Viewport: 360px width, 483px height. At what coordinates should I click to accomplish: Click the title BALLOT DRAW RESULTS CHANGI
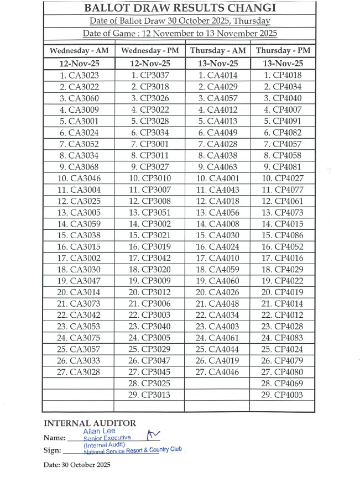(x=180, y=8)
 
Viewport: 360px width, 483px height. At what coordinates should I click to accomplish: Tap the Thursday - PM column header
(x=282, y=51)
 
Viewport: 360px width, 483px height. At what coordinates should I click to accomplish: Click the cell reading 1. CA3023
(x=79, y=75)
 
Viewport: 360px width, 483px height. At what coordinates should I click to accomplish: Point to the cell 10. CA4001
(x=217, y=178)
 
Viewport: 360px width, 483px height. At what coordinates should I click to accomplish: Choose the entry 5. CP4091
(x=283, y=121)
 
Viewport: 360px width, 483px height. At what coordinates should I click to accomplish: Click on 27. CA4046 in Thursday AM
(x=217, y=372)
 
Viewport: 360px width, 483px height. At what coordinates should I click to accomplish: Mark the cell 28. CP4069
(x=282, y=383)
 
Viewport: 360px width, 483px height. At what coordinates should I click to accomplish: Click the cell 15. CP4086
(x=282, y=235)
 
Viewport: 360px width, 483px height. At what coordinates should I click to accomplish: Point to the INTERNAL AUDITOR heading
(x=90, y=424)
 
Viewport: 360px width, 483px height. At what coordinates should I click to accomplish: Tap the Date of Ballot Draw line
(x=180, y=21)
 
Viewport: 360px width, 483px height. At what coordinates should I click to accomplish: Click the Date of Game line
(x=180, y=33)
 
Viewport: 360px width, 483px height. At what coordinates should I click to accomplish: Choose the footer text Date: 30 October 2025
(x=77, y=465)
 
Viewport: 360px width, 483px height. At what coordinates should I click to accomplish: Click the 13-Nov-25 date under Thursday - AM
(x=217, y=63)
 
